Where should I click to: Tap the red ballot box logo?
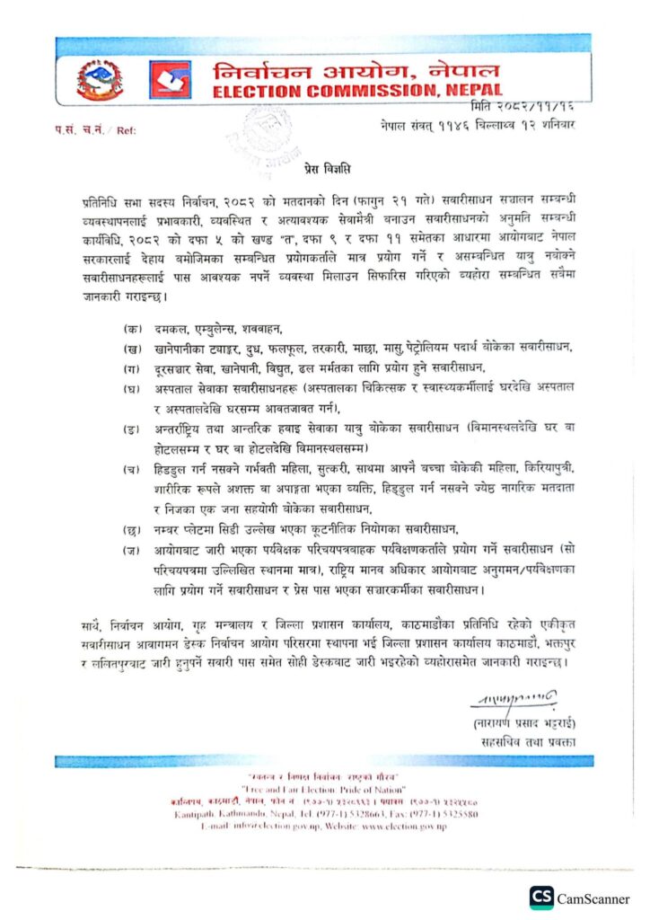tap(170, 80)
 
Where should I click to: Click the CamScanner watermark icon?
tap(541, 898)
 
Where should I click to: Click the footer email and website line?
tap(323, 826)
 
